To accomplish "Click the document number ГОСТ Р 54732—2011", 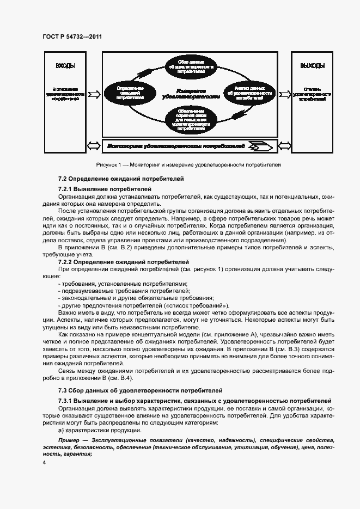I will pyautogui.click(x=72, y=37).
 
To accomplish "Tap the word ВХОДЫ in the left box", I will pyautogui.click(x=65, y=66).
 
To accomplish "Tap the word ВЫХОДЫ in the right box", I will pyautogui.click(x=312, y=66).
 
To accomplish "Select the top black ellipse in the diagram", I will pyautogui.click(x=191, y=65).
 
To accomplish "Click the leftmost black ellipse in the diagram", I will pyautogui.click(x=130, y=93).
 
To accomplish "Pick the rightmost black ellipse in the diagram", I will pyautogui.click(x=249, y=93).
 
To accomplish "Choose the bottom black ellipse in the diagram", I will pyautogui.click(x=191, y=120).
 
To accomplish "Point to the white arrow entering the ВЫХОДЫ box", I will pyautogui.click(x=284, y=94).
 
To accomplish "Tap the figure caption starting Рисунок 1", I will pyautogui.click(x=188, y=165).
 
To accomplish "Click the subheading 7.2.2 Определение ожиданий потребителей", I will pyautogui.click(x=123, y=262).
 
